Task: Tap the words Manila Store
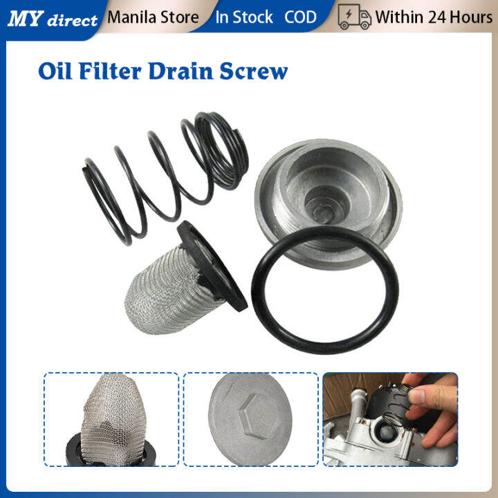coord(153,17)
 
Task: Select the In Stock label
coord(244,17)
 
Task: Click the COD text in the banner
coord(300,17)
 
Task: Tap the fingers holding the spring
coord(432,408)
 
